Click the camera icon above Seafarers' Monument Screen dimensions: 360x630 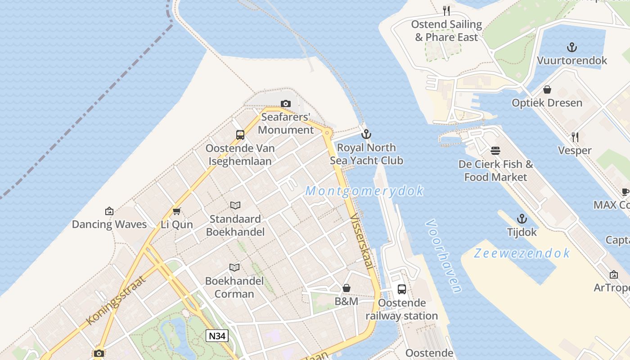(x=285, y=104)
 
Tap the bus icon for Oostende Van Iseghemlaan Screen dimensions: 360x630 (x=240, y=135)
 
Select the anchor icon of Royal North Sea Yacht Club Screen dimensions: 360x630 (x=366, y=134)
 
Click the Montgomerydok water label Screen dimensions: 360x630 (x=364, y=191)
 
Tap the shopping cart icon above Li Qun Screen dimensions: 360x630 (x=177, y=211)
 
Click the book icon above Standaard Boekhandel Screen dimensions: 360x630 (x=235, y=205)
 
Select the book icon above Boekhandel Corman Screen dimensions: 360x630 (x=234, y=267)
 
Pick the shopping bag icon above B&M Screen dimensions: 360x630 (x=346, y=288)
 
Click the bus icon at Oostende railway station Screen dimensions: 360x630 (x=401, y=289)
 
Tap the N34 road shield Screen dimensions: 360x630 (x=217, y=335)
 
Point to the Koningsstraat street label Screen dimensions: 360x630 (x=116, y=300)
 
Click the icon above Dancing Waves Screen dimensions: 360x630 (x=109, y=211)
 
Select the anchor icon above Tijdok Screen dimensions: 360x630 (x=522, y=219)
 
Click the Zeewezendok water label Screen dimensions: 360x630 (x=522, y=253)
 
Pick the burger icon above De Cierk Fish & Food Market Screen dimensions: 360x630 (x=495, y=150)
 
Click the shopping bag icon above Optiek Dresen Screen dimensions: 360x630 (x=547, y=90)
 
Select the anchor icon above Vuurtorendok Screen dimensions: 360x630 (x=571, y=47)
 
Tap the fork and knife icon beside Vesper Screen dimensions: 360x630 (x=575, y=137)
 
